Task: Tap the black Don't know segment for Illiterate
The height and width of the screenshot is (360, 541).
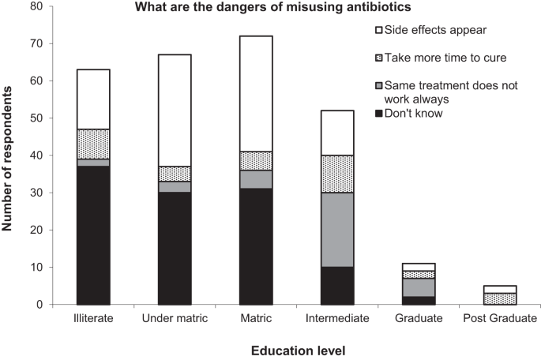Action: [x=92, y=235]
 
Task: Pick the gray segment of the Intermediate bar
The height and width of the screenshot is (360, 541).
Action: [x=337, y=230]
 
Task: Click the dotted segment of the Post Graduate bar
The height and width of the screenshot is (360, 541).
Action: [x=501, y=298]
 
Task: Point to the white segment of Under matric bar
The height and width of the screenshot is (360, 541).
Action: [x=175, y=111]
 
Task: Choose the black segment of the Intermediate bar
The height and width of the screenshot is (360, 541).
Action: [x=337, y=286]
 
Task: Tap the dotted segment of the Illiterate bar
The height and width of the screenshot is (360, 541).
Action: [x=92, y=144]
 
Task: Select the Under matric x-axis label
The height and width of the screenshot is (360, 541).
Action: [x=175, y=319]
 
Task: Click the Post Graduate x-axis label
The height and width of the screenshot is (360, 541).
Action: [x=501, y=319]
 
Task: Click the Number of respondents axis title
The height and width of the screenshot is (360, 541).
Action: [x=9, y=155]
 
